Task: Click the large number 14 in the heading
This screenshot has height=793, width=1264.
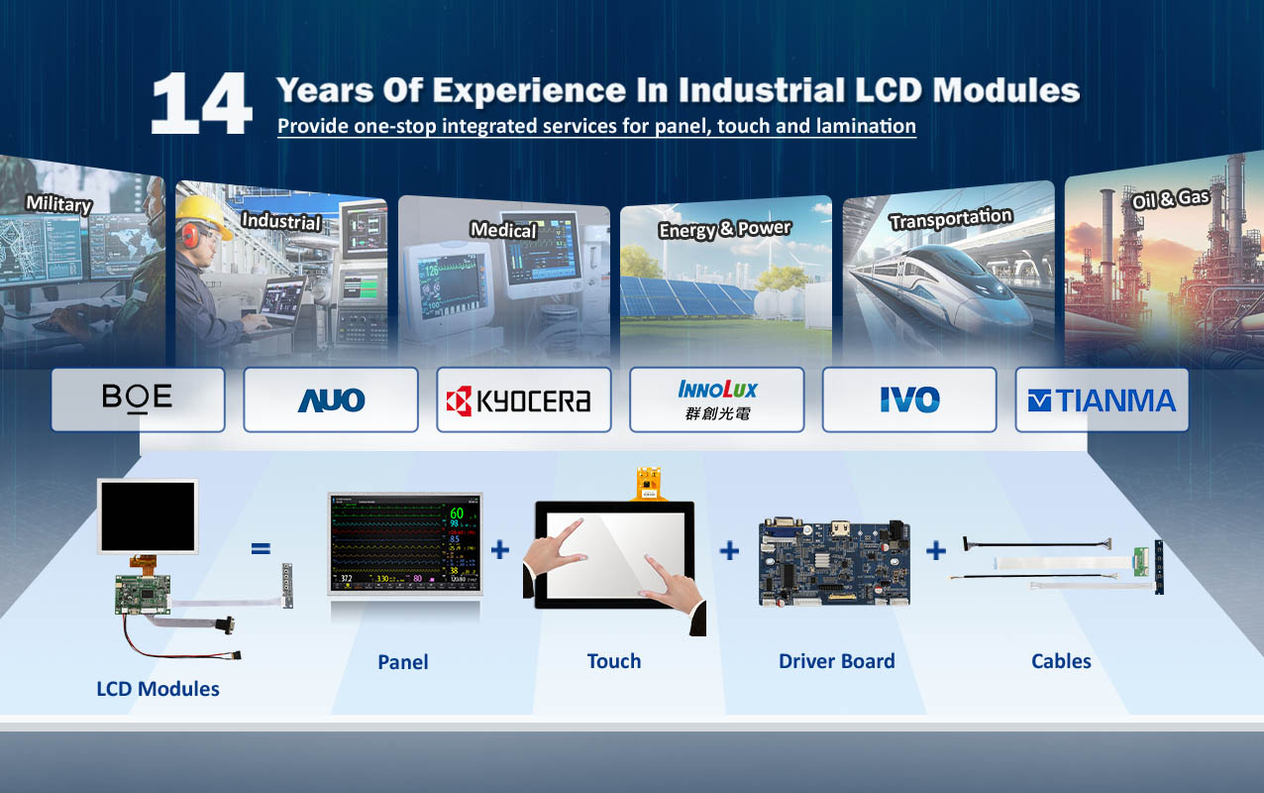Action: (x=201, y=103)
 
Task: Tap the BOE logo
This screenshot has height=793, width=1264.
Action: (x=137, y=397)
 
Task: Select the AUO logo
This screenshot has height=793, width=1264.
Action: (x=331, y=399)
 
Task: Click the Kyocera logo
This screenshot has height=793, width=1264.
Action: (x=518, y=400)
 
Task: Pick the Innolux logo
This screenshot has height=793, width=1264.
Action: (x=717, y=399)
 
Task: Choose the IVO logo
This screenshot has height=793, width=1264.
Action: (x=909, y=399)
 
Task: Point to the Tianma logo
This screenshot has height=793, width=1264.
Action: (x=1102, y=400)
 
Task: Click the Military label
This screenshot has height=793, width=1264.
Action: (x=59, y=203)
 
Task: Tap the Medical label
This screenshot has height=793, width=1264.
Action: (x=503, y=229)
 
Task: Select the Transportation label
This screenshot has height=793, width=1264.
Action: (x=951, y=219)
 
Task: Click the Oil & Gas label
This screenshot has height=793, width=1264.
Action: (x=1170, y=198)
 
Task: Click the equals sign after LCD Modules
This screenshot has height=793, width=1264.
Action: (x=261, y=548)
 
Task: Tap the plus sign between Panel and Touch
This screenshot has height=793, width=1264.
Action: (x=500, y=549)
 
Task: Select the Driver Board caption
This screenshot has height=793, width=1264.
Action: (x=837, y=661)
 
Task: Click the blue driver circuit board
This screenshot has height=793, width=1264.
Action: (x=834, y=562)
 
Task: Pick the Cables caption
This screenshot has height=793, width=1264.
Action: (x=1061, y=661)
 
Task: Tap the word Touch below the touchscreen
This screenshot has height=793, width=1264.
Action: (x=614, y=661)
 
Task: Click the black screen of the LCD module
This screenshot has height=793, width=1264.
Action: (x=148, y=516)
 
